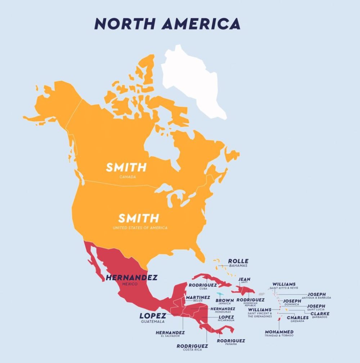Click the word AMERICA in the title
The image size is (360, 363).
pyautogui.click(x=201, y=23)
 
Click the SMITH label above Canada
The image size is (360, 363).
pyautogui.click(x=126, y=167)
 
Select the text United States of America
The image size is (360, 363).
pyautogui.click(x=140, y=228)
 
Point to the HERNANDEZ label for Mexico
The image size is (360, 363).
pyautogui.click(x=131, y=278)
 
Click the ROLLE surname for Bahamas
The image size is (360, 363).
pyautogui.click(x=238, y=261)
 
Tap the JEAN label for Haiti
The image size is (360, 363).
pyautogui.click(x=244, y=279)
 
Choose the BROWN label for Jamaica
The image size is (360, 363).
pyautogui.click(x=225, y=300)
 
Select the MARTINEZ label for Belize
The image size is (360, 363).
pyautogui.click(x=198, y=297)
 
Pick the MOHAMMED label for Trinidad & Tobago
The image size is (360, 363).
pyautogui.click(x=279, y=332)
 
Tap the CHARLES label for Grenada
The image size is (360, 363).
pyautogui.click(x=297, y=318)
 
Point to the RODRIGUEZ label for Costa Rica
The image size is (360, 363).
pyautogui.click(x=192, y=346)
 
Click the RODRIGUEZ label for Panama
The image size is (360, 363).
pyautogui.click(x=231, y=340)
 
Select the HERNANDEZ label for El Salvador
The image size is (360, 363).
pyautogui.click(x=170, y=332)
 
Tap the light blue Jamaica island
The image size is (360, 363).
pyautogui.click(x=220, y=294)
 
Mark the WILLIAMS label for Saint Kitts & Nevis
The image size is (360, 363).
pyautogui.click(x=284, y=284)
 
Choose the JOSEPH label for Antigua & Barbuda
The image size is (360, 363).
pyautogui.click(x=316, y=294)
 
